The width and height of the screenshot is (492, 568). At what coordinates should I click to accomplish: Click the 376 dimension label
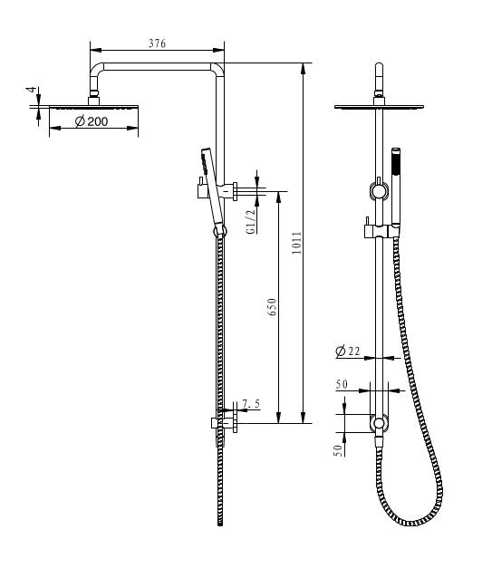click(156, 44)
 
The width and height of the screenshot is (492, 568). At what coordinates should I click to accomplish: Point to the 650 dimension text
click(272, 307)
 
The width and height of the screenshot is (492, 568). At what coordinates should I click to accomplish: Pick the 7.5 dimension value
click(251, 403)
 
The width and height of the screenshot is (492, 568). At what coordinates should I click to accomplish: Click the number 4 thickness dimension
click(30, 91)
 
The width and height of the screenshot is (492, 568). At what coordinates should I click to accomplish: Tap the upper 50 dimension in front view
click(342, 385)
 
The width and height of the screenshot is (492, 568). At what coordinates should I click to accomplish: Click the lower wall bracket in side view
click(223, 422)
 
